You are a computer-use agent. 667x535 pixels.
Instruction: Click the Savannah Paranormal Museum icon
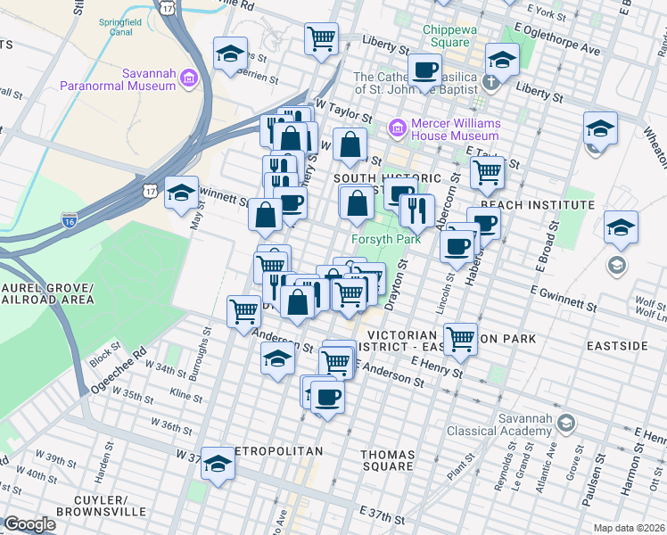click(188, 79)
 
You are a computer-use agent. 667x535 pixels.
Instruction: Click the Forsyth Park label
click(385, 239)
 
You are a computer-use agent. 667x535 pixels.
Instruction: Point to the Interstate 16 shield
click(69, 218)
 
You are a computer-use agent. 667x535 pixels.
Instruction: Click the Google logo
click(29, 523)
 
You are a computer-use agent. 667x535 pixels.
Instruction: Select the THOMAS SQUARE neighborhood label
click(388, 460)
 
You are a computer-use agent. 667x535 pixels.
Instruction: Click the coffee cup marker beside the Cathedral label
click(424, 69)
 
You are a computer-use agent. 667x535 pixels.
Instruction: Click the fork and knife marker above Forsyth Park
click(416, 210)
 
